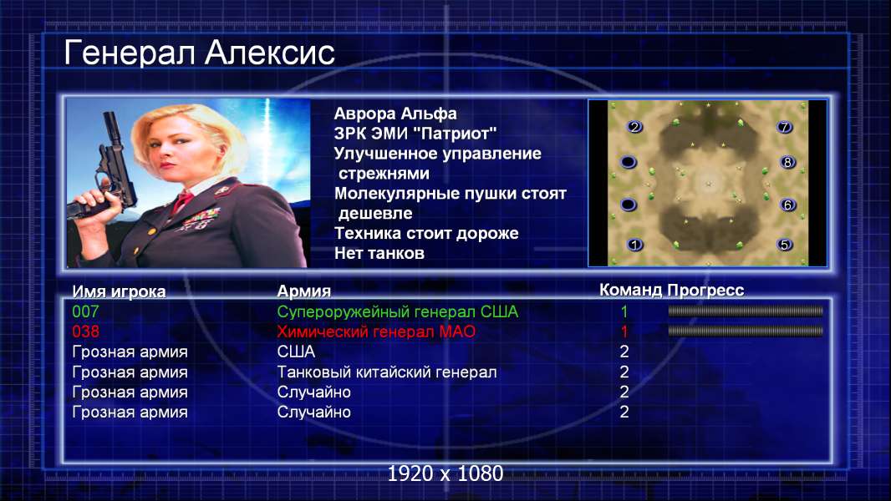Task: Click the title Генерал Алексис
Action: tap(200, 53)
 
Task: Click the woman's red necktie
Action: tap(183, 201)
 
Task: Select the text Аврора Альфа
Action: tap(395, 114)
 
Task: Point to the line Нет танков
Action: tap(379, 253)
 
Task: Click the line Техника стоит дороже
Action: tap(426, 233)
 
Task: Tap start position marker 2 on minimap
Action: tap(634, 127)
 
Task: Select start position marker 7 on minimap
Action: tap(785, 127)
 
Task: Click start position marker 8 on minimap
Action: tap(787, 162)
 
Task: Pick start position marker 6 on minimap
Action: tap(787, 205)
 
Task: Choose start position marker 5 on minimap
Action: tap(785, 245)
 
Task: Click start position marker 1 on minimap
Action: tap(634, 245)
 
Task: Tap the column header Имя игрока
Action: tap(119, 291)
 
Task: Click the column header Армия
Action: tap(304, 291)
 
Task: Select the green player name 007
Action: tap(85, 311)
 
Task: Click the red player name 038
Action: tap(85, 331)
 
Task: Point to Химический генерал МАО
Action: tap(376, 331)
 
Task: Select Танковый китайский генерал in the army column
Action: tap(387, 372)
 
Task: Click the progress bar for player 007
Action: tap(746, 311)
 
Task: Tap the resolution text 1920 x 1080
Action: tap(445, 473)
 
